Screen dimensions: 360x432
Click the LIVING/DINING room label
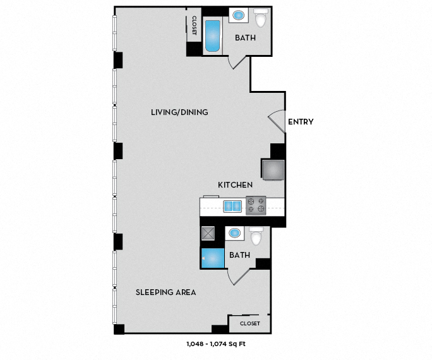[179, 112]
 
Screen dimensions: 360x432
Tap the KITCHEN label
[236, 185]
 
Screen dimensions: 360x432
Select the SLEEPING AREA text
[166, 292]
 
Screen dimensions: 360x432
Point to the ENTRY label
[301, 122]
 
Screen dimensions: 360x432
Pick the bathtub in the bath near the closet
[212, 37]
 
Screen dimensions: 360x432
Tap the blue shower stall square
[212, 258]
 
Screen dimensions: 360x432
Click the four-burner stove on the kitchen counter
[256, 205]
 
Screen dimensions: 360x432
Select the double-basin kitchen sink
[232, 206]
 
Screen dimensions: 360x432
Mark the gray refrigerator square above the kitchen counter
[272, 171]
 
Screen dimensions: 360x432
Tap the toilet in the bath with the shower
[256, 236]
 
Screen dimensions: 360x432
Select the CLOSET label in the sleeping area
[249, 323]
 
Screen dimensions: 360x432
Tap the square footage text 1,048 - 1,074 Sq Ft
[216, 344]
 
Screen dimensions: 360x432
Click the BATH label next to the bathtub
[245, 38]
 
